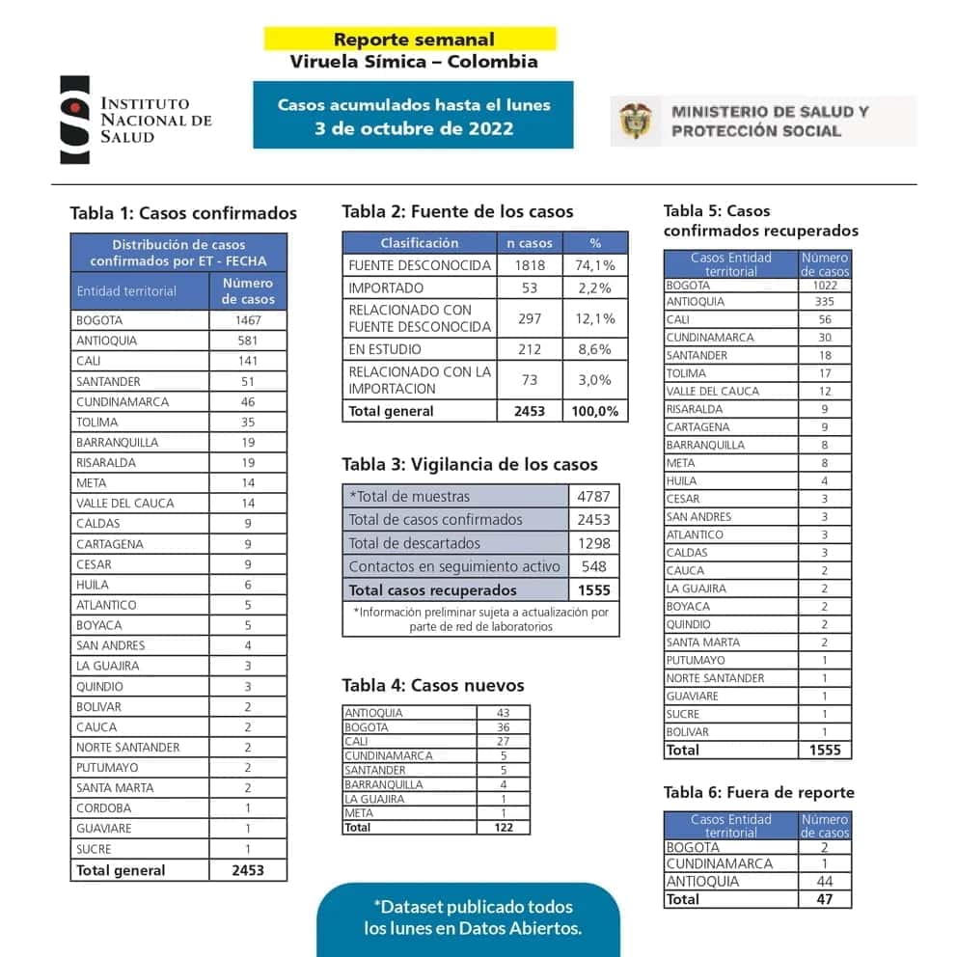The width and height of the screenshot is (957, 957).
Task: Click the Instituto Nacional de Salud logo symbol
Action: click(x=75, y=120)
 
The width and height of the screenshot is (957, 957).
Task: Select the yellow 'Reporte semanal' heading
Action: click(x=413, y=40)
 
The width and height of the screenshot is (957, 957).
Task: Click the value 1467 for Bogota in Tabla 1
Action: click(x=248, y=320)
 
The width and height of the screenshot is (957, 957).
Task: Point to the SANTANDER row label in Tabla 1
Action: click(x=108, y=381)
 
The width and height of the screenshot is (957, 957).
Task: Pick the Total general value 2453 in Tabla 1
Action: click(x=248, y=870)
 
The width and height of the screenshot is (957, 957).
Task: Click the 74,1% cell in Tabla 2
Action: click(x=595, y=265)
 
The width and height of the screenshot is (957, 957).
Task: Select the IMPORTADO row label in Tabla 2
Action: click(x=386, y=287)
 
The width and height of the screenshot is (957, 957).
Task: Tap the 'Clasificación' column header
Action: click(x=420, y=243)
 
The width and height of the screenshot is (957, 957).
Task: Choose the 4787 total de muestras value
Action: click(x=594, y=497)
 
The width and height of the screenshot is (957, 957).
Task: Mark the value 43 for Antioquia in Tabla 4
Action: click(x=504, y=713)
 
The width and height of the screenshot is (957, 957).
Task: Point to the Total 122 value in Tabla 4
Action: click(x=504, y=827)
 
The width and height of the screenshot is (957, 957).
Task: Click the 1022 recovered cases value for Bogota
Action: click(x=825, y=285)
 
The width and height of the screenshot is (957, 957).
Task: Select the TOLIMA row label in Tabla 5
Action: click(x=686, y=373)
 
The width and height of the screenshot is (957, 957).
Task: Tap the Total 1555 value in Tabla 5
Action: click(x=825, y=750)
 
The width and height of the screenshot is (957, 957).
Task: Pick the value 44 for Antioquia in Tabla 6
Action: click(x=825, y=882)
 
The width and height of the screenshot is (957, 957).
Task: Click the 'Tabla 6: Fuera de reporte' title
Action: click(x=758, y=793)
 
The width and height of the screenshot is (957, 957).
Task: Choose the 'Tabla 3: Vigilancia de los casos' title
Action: click(x=469, y=464)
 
